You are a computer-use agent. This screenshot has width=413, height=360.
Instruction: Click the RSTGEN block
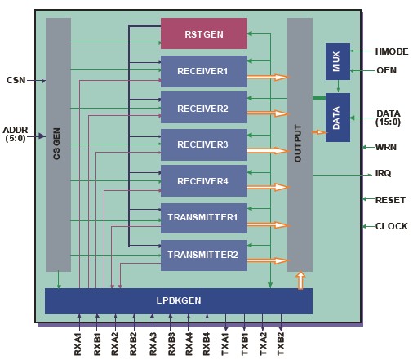[204, 33]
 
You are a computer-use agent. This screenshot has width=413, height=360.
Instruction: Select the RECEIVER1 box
[204, 71]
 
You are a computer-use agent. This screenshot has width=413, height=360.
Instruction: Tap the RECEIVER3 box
[204, 144]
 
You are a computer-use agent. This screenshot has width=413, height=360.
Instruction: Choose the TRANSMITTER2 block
[204, 256]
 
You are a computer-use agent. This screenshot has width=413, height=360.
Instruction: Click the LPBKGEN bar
[179, 301]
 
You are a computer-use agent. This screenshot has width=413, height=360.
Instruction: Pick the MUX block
[338, 61]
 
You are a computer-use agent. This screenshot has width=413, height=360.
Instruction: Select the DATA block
[338, 118]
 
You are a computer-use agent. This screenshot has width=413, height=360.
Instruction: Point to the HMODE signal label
[392, 51]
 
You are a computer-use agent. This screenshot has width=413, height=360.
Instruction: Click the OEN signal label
[386, 70]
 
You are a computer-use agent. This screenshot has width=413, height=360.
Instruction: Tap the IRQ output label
[383, 173]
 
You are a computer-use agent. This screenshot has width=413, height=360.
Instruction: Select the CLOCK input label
[392, 226]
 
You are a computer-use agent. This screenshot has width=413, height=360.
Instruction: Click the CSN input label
[16, 80]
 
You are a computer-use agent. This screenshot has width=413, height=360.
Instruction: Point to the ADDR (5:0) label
[16, 134]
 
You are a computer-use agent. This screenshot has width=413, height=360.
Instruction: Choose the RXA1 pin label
[78, 344]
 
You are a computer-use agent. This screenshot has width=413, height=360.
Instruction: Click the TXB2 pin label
[281, 344]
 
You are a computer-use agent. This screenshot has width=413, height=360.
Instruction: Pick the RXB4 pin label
[206, 344]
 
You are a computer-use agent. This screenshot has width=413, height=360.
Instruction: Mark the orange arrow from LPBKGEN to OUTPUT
[300, 280]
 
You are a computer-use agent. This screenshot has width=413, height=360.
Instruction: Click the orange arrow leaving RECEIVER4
[268, 187]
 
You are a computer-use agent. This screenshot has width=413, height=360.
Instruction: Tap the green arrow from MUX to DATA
[338, 87]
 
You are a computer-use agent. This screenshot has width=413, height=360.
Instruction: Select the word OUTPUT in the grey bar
[298, 144]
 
